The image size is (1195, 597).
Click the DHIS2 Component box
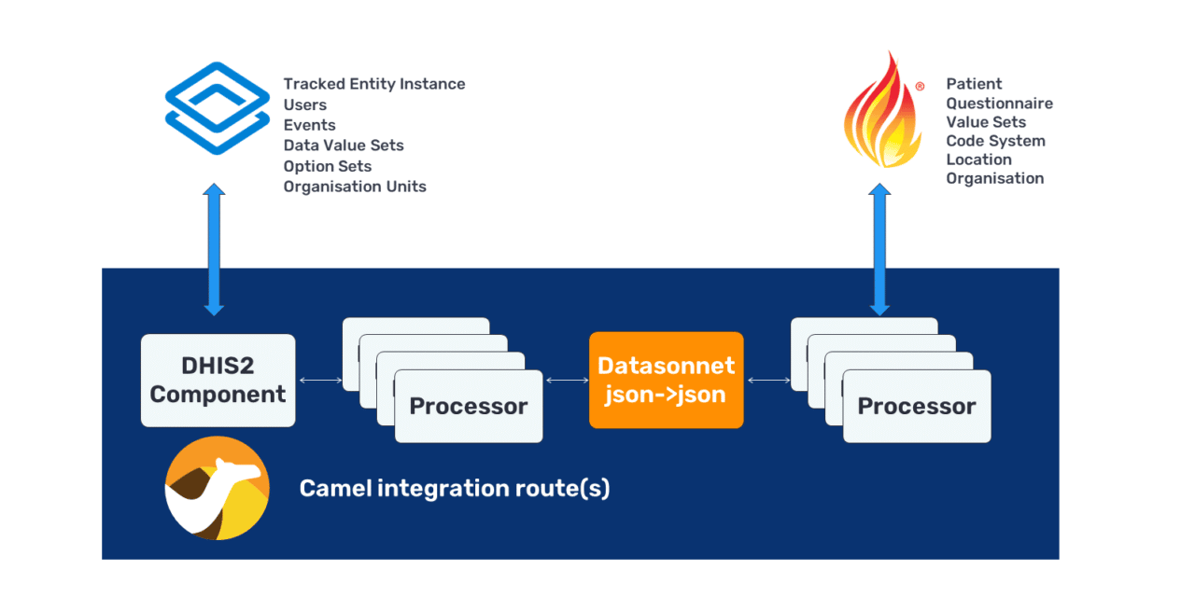point(218,381)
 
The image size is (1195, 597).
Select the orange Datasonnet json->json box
point(666,380)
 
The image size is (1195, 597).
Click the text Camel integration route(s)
point(454,488)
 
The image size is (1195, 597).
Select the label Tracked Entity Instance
point(373,84)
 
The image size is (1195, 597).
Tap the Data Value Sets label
point(344,146)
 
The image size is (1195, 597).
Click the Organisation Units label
point(355,187)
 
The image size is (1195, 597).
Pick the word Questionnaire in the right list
point(999,104)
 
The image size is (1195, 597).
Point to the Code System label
point(995,141)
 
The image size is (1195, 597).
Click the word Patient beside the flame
point(974,84)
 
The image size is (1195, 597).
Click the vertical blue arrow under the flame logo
point(879,248)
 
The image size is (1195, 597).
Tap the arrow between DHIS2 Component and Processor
point(318,380)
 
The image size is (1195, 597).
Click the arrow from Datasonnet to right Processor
point(766,380)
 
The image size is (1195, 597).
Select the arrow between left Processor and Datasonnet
point(566,380)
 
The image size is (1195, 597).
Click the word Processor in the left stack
point(468,407)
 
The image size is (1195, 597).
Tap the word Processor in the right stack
point(916,407)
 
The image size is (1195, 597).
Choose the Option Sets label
point(328,166)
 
